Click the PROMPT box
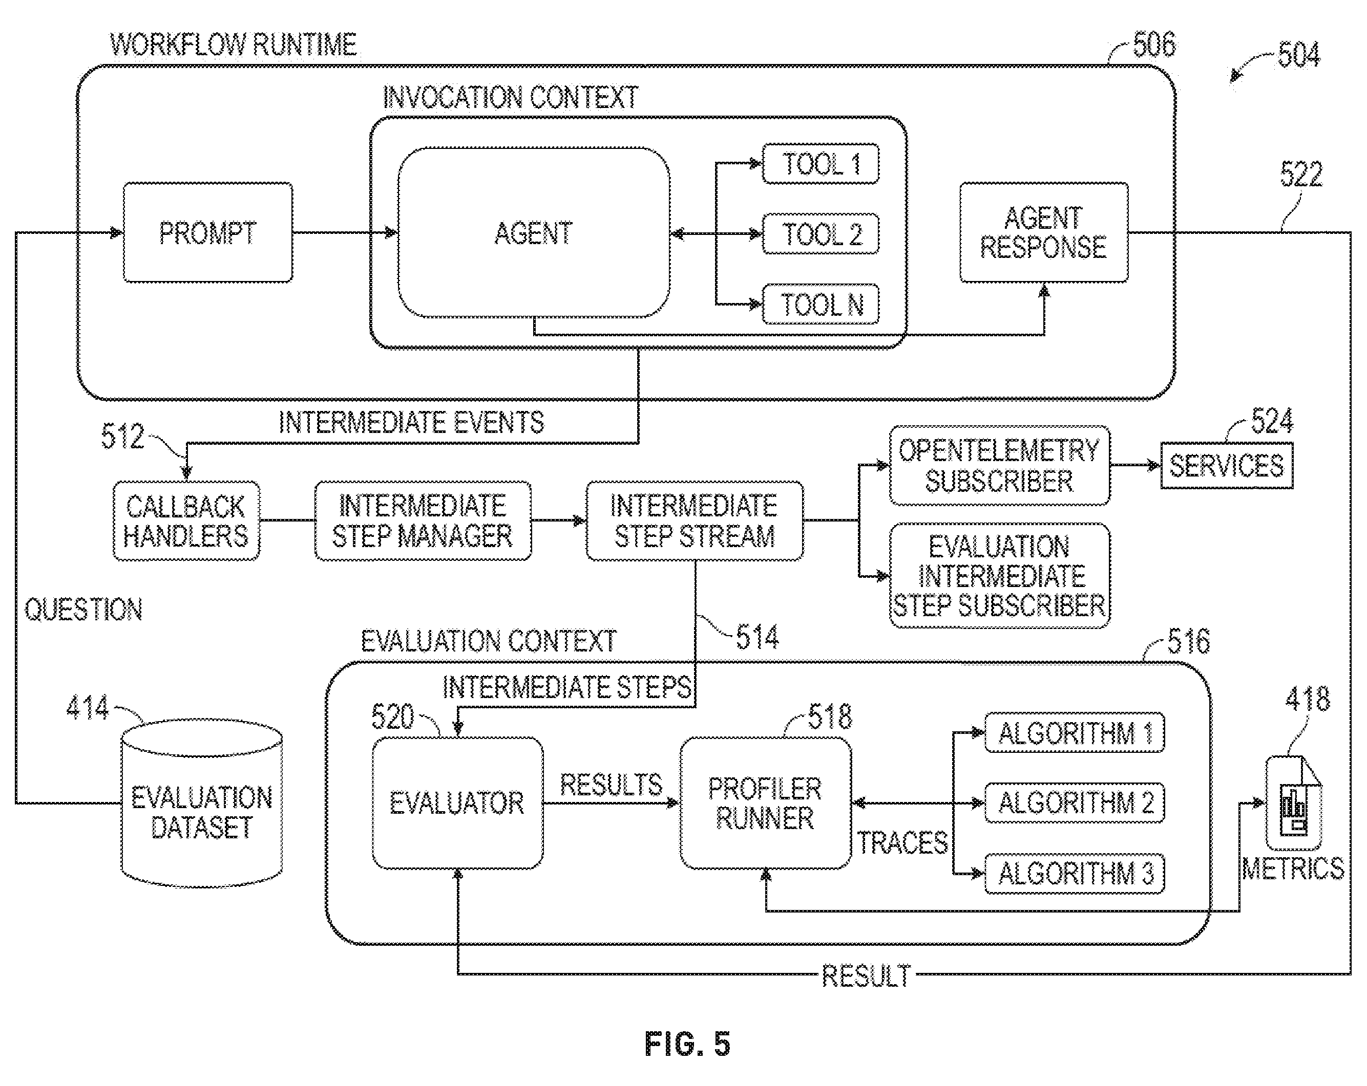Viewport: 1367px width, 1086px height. point(208,232)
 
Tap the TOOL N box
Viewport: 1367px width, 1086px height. point(821,305)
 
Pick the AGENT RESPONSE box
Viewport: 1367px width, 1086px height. point(1044,232)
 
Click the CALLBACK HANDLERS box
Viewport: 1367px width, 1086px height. point(186,521)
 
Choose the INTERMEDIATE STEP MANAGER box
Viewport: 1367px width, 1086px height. point(423,521)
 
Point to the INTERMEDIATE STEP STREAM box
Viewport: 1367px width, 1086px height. point(695,521)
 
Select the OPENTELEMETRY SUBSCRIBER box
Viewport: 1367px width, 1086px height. point(1000,466)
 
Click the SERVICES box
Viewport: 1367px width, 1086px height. point(1227,466)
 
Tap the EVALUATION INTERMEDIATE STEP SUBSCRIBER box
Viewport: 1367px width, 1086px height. point(1000,576)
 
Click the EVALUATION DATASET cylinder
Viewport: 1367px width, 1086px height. point(202,803)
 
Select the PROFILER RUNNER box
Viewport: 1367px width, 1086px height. point(765,803)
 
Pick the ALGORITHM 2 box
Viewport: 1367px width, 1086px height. point(1075,803)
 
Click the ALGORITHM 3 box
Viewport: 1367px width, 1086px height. point(1075,874)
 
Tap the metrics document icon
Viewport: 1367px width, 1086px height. point(1293,803)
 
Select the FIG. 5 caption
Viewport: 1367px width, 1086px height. point(688,1044)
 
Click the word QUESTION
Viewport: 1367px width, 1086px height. point(83,610)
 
